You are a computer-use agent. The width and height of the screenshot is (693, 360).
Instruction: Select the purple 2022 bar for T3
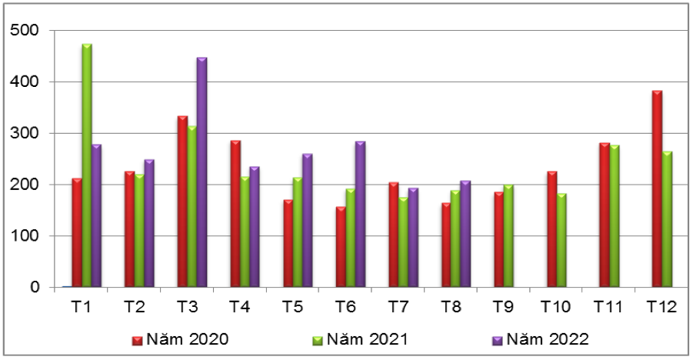tap(202, 172)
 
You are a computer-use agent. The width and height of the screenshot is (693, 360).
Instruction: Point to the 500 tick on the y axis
tap(27, 30)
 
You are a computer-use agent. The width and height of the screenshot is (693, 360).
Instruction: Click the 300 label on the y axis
tap(27, 133)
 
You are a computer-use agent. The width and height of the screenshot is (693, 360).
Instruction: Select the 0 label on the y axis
tap(35, 288)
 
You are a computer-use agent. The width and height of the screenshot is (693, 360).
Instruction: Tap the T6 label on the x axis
tap(345, 307)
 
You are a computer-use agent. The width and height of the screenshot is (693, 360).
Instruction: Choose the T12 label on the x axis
tap(661, 307)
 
